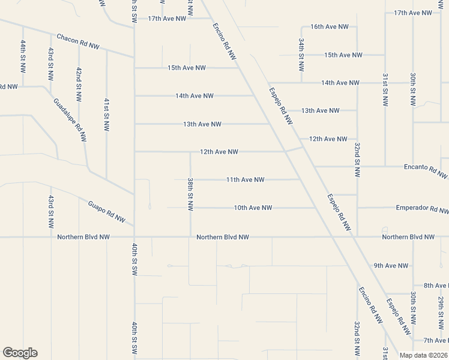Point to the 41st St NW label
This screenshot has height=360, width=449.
point(106,115)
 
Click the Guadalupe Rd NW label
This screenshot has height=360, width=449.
point(70,120)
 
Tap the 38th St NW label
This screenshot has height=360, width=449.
point(190,194)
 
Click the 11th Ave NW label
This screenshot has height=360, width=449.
point(246,179)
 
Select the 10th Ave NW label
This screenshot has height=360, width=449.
point(253,208)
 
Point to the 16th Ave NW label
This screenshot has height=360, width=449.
point(330,27)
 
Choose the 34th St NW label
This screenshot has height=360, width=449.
point(302,55)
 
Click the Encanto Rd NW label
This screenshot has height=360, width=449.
point(426,169)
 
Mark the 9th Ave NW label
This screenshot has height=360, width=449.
point(391,265)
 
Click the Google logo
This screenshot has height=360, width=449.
point(20,353)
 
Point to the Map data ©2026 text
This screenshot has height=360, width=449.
point(424,355)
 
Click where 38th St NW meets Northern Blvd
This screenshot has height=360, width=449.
point(191,237)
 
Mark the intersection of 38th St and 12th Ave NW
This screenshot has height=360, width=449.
point(191,152)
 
